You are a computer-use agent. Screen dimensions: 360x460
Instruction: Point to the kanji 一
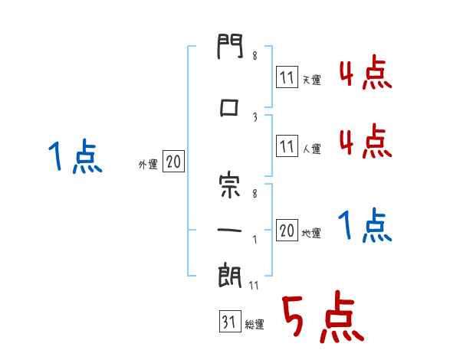point(229,227)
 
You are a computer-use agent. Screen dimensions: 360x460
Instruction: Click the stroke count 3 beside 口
point(254,116)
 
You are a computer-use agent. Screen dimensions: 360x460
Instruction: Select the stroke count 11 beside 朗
point(255,287)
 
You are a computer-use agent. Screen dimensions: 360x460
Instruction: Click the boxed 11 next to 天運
point(287,77)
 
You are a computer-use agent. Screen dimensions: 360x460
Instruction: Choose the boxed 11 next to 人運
point(287,146)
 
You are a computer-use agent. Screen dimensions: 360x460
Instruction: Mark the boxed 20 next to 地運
point(287,231)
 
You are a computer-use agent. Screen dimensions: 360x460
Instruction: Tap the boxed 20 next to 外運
point(173,162)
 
